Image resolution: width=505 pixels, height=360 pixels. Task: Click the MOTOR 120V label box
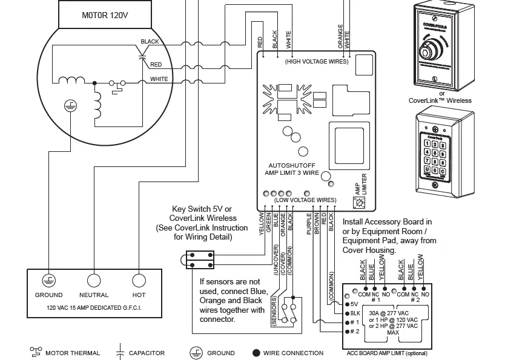click(105, 15)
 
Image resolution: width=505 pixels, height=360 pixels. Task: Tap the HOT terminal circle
click(139, 280)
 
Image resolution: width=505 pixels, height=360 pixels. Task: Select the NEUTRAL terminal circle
click(93, 280)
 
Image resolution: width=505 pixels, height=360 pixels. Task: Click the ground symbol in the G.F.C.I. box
click(48, 280)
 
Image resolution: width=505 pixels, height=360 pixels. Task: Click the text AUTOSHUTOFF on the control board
click(292, 165)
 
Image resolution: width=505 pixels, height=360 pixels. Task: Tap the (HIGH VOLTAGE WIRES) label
click(317, 62)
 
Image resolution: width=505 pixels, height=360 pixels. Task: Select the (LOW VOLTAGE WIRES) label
click(305, 200)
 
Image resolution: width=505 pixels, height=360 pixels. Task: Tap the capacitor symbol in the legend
click(120, 352)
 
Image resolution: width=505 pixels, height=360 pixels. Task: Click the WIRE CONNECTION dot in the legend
click(256, 353)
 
